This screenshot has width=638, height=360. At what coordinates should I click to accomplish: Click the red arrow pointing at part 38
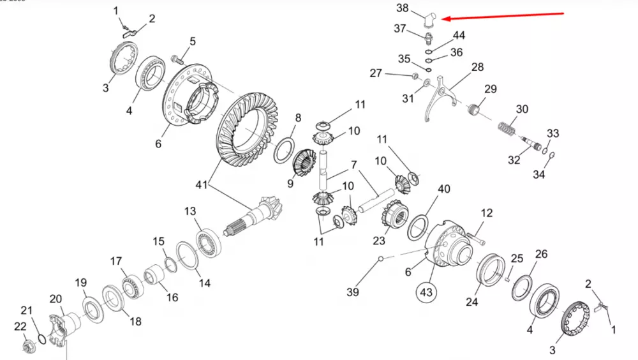coord(504,16)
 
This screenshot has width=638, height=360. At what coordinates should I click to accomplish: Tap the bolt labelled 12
coord(477,239)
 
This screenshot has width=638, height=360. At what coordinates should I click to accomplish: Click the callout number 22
coord(20,327)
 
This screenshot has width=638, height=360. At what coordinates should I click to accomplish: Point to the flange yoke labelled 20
coord(60,325)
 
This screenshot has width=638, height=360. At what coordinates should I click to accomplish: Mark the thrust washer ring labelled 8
coord(285,150)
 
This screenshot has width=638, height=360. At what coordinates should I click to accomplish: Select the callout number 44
coord(459,35)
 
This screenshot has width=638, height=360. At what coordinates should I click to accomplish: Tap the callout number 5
coord(191,42)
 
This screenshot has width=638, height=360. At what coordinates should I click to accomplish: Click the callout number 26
coord(541,255)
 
